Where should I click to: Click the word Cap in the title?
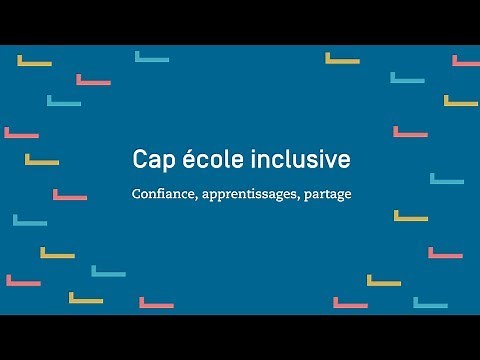pos(151,161)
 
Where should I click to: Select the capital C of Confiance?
pos(136,192)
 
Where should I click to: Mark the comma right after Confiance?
pos(196,196)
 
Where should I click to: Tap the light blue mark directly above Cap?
pos(151,58)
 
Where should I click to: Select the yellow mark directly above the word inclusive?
pos(341,59)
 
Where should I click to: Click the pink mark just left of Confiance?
pos(69,196)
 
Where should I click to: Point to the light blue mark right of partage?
pos(446,181)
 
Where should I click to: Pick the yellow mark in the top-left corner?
pos(34,62)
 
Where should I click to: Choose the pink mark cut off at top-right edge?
pos(466,62)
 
